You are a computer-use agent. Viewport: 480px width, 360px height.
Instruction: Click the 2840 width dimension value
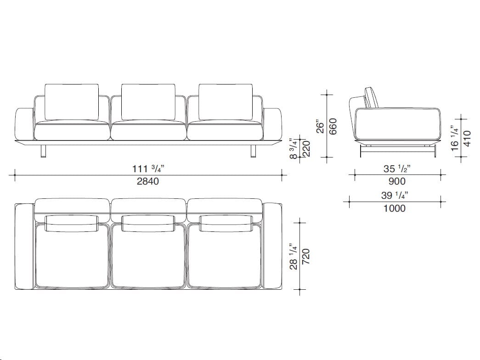[147, 181]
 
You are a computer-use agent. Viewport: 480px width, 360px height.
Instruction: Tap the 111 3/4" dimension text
[148, 169]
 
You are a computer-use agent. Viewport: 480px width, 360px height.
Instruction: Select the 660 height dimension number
[333, 126]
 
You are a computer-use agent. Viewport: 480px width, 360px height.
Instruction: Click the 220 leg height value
[306, 148]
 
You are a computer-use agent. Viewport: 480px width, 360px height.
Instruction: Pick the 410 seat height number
[467, 138]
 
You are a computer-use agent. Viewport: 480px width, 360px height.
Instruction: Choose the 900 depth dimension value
[397, 181]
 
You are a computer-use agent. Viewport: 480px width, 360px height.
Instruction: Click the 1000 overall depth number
[395, 208]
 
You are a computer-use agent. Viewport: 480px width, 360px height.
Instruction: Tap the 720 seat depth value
[306, 257]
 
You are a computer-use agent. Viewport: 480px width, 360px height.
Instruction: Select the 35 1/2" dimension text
[397, 169]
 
